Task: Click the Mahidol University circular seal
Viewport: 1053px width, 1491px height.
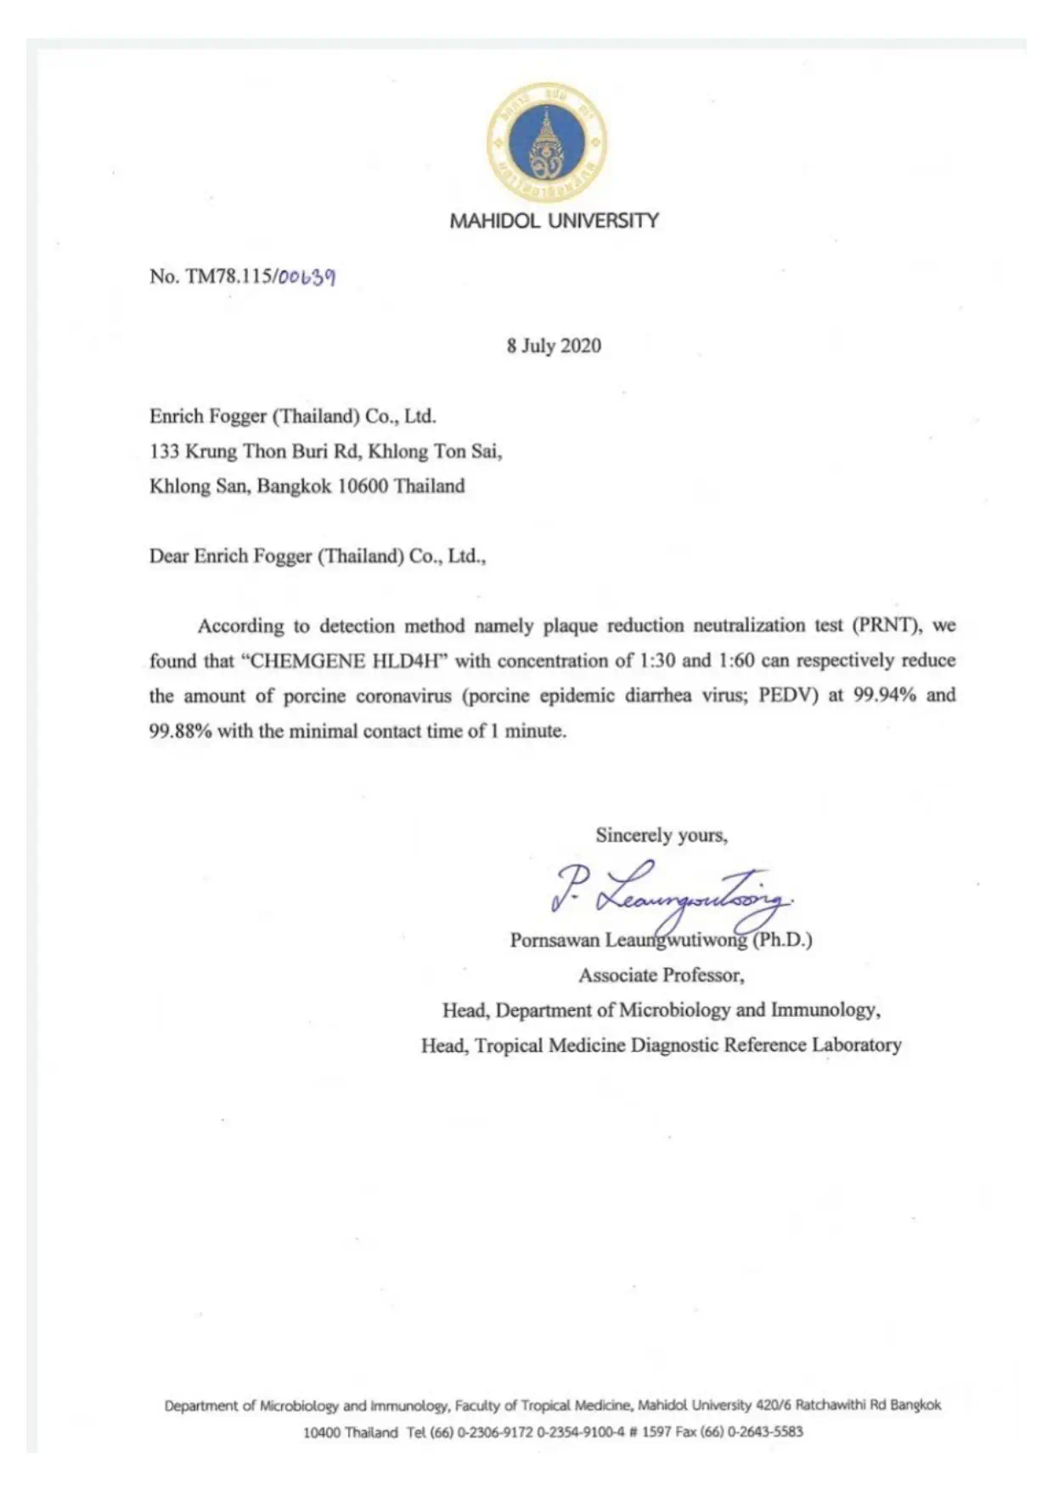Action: click(x=546, y=142)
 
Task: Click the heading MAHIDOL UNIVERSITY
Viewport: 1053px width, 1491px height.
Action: click(x=554, y=221)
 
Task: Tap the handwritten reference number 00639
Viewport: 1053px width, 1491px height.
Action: click(x=307, y=277)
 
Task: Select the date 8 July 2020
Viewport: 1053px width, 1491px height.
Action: click(x=554, y=346)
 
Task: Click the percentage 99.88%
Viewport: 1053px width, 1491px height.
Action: click(x=180, y=731)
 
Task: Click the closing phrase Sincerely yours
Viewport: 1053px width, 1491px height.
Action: click(x=661, y=835)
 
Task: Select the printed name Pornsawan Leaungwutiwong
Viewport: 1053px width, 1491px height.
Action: click(x=628, y=940)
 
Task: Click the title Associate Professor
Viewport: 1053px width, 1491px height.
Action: click(x=662, y=975)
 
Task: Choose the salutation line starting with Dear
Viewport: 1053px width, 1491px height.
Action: click(x=318, y=556)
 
